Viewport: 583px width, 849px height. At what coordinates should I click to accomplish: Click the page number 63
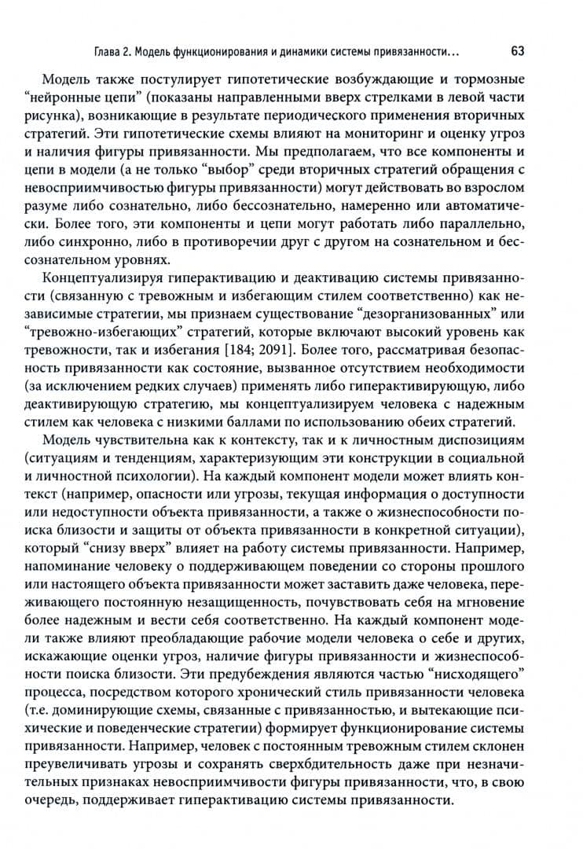[x=517, y=52]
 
